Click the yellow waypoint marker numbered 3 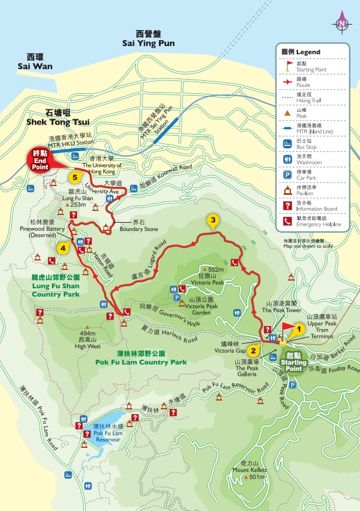[213, 221]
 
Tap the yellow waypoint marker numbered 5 [74, 176]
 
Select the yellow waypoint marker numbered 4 [62, 247]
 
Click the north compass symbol [341, 24]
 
